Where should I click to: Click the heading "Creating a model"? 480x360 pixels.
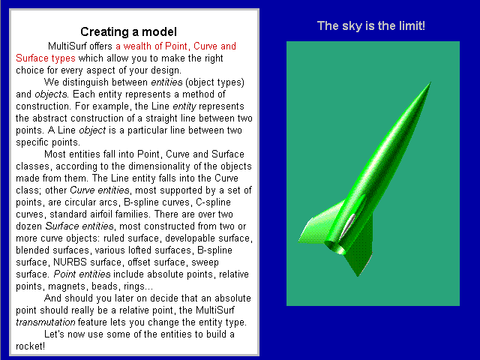coord(128,31)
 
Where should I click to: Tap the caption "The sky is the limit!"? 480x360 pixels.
coord(371,25)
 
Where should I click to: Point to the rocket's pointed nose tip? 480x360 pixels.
coord(430,82)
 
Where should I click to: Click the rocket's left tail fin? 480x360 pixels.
coord(318,223)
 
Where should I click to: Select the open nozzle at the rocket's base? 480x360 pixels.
coord(334,247)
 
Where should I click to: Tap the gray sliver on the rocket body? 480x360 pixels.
coord(347,227)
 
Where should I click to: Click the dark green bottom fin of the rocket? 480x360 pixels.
coord(361,248)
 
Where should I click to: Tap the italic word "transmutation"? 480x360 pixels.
coord(45,322)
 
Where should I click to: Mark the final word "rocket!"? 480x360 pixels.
coord(30,346)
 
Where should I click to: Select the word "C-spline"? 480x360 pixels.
coord(213,202)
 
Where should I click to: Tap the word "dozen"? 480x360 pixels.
coord(28,226)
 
